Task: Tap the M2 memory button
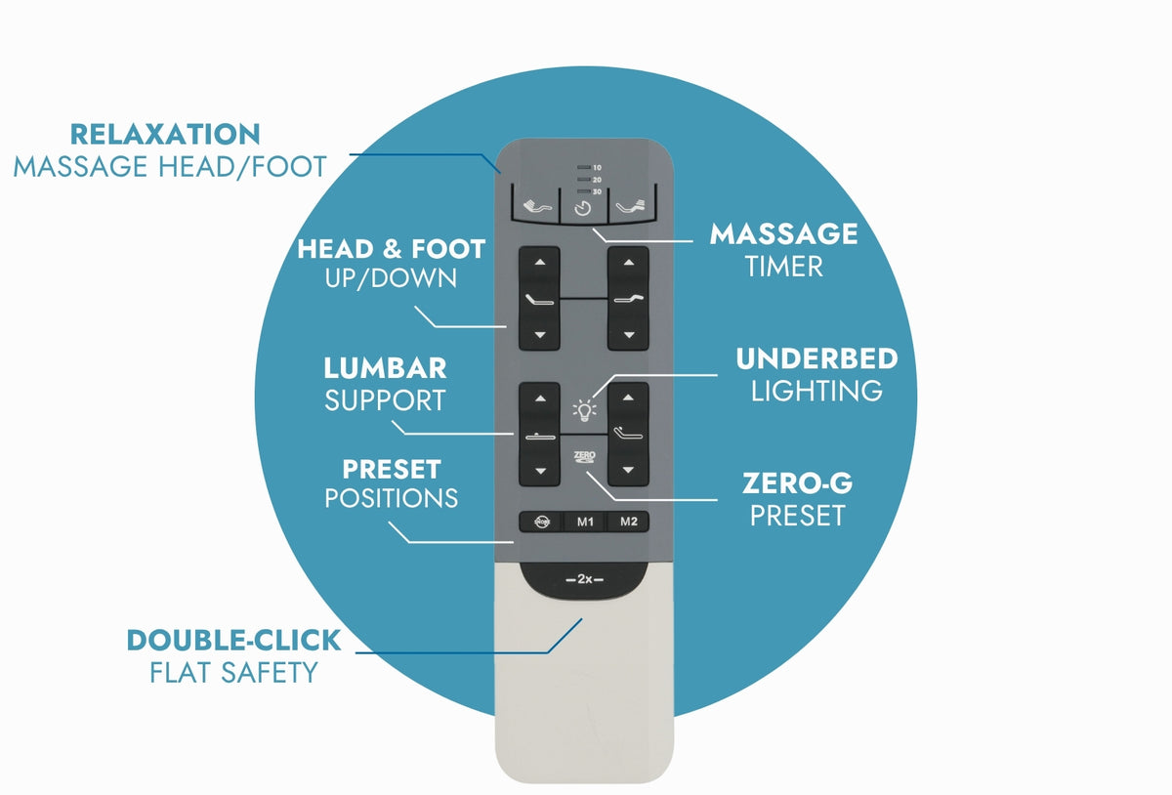628,522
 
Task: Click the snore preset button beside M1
541,522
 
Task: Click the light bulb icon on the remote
584,410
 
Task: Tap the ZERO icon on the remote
584,457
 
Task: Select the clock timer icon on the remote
582,209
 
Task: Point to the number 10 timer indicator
597,167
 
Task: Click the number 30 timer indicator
597,192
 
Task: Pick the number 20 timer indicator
597,180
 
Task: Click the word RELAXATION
165,135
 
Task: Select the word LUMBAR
385,368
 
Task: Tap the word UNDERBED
816,359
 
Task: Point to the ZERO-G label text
797,483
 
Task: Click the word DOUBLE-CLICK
233,641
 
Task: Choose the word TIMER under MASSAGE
783,267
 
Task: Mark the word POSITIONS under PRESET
391,498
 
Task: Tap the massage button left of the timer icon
536,206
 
